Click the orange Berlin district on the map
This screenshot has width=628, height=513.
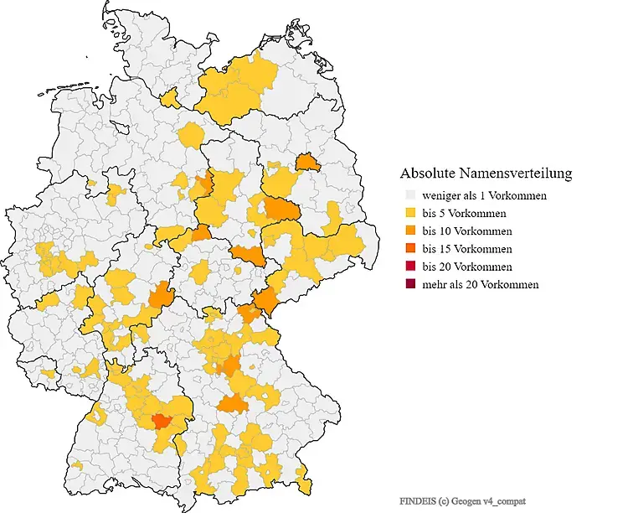[x=308, y=161]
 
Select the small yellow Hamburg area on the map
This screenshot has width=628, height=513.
[x=171, y=101]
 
